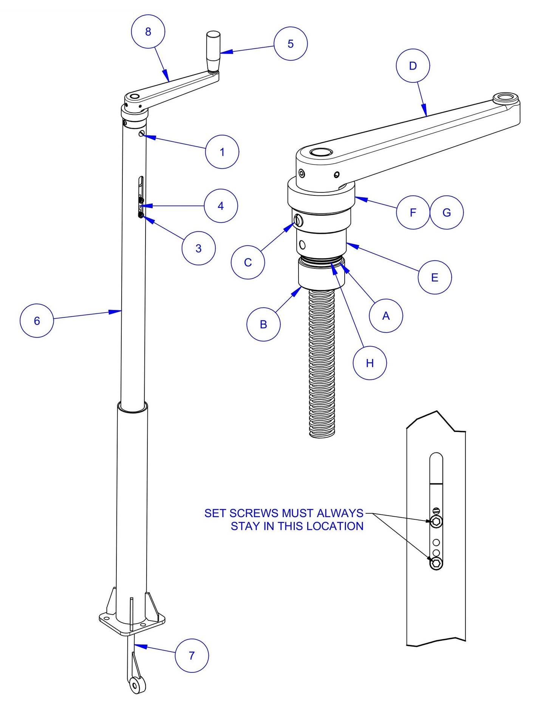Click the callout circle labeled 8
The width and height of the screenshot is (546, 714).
point(148,31)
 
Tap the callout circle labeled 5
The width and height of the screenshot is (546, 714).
point(291,43)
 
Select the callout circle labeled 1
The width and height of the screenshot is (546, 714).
point(222,152)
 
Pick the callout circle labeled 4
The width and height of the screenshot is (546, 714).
point(221,206)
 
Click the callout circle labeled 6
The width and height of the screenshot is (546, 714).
point(37,321)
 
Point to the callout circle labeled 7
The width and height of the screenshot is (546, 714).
point(192,655)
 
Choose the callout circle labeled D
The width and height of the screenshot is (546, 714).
point(413,66)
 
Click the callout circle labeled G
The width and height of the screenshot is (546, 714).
point(447,212)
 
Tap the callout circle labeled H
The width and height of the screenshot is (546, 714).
point(370,363)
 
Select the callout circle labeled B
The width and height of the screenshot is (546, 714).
point(263,324)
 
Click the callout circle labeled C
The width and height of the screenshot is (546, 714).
point(248,262)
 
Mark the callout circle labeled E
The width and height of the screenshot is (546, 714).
point(435,277)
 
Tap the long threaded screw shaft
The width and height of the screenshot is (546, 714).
point(322,363)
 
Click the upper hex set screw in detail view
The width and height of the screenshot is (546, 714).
point(436,522)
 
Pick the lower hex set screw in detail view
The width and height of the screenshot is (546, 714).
point(436,564)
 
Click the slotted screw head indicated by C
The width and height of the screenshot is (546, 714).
point(298,220)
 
